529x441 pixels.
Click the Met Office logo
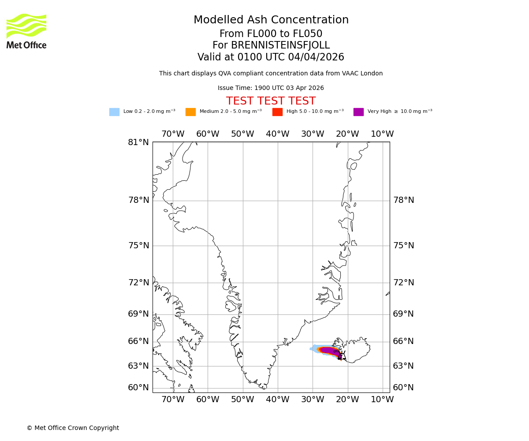26,31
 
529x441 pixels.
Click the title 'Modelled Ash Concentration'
271,20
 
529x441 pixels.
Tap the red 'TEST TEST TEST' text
271,101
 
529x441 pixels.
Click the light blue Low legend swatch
114,112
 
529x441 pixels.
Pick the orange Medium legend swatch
190,112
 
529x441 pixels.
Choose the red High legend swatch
277,112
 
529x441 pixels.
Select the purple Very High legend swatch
358,112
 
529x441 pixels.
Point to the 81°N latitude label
138,142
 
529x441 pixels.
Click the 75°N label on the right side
403,246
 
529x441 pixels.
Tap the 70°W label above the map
173,134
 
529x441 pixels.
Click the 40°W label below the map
277,400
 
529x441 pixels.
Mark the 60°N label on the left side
138,388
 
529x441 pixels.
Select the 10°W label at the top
382,134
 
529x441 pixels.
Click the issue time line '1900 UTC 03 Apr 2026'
271,88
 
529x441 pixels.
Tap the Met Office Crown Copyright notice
73,428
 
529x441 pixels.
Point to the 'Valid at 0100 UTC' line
271,57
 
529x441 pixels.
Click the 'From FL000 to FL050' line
271,34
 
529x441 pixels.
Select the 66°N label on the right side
403,341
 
